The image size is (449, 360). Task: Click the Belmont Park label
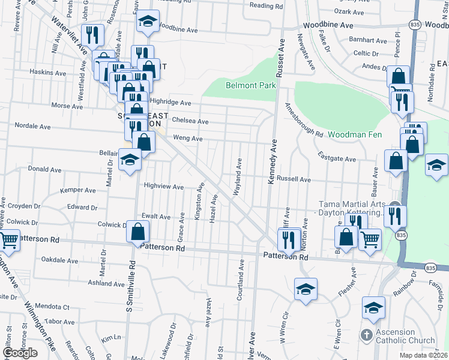pyautogui.click(x=250, y=85)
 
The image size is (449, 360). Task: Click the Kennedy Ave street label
pyautogui.click(x=272, y=162)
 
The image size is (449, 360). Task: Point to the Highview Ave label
pyautogui.click(x=163, y=187)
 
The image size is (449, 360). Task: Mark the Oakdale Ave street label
pyautogui.click(x=59, y=260)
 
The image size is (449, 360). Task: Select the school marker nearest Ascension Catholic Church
pyautogui.click(x=373, y=307)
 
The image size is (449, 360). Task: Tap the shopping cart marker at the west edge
pyautogui.click(x=8, y=241)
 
